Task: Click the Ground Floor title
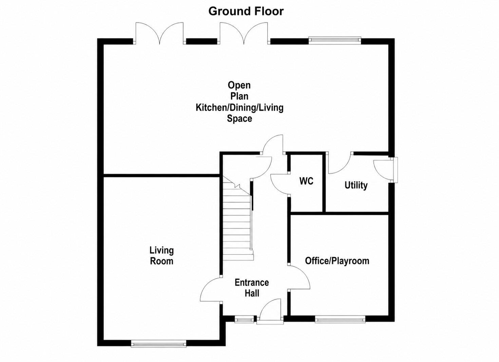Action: (246, 11)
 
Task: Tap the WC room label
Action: (306, 181)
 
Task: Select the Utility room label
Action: (356, 185)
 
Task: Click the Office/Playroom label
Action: (337, 261)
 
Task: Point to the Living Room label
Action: (161, 256)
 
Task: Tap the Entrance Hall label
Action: (252, 288)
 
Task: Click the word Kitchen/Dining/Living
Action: (239, 108)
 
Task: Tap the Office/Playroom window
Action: (340, 320)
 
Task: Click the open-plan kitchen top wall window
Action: (335, 39)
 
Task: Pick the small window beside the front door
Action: (244, 320)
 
